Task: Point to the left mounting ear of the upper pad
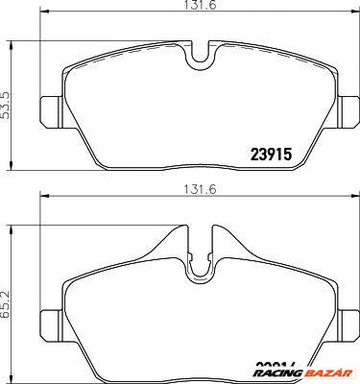point(52,106)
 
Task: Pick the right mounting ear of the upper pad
point(347,106)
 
